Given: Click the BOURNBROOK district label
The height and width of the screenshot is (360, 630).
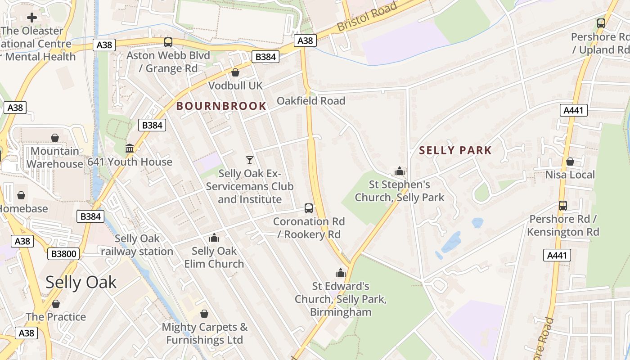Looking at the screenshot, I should (x=221, y=106).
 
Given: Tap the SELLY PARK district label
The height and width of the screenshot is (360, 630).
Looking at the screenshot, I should (x=455, y=150).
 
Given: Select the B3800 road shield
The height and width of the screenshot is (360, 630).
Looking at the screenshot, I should (x=63, y=254).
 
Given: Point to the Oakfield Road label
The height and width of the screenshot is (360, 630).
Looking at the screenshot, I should (x=311, y=101).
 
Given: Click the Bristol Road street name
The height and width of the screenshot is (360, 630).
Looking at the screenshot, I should (x=367, y=17).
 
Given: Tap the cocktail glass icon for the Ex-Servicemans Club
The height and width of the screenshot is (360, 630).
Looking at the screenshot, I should (x=250, y=160).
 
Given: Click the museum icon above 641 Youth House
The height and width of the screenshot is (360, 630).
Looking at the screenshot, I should (x=130, y=148).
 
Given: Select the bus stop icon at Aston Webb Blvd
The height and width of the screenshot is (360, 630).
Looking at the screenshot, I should (x=168, y=42).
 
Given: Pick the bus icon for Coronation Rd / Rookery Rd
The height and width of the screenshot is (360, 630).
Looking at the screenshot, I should (x=309, y=208).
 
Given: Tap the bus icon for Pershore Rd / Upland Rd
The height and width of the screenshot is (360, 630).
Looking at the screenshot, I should (x=601, y=23).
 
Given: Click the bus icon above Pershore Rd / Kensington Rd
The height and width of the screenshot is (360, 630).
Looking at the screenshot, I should (x=563, y=206).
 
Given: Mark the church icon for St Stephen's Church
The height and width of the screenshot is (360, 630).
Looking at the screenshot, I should (x=399, y=171).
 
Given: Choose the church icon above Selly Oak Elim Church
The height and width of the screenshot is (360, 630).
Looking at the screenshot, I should (x=214, y=238).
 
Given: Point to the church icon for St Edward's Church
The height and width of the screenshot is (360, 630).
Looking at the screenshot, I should (x=341, y=273).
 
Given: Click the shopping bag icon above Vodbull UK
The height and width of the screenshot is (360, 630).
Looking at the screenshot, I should (x=235, y=72).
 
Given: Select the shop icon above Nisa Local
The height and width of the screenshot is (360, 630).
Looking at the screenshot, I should (x=570, y=162).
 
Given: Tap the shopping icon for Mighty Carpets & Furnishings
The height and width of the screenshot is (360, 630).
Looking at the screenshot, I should (x=204, y=314).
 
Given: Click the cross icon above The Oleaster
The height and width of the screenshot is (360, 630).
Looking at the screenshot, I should (x=31, y=18).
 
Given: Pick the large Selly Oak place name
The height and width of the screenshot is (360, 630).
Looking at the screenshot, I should (x=81, y=282).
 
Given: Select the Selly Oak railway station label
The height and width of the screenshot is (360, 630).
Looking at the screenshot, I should (x=137, y=245).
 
